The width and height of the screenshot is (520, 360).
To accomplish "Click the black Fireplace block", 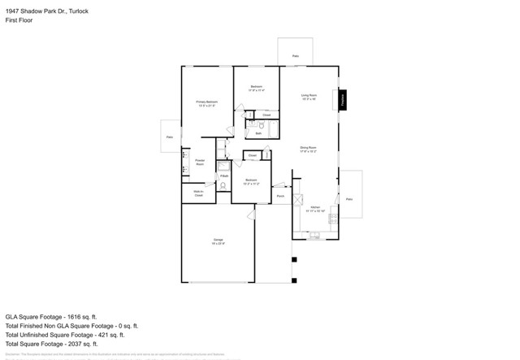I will pyautogui.click(x=344, y=99).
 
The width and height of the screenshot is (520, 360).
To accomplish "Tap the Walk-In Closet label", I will pyautogui.click(x=198, y=193).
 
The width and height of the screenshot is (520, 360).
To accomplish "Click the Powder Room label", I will pyautogui.click(x=200, y=163).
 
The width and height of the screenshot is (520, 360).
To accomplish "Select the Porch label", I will pyautogui.click(x=280, y=196).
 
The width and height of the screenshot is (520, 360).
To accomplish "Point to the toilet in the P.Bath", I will pyautogui.click(x=223, y=185).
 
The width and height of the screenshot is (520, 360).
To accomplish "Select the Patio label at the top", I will pyautogui.click(x=295, y=56).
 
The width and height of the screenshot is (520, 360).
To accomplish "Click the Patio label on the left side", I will pyautogui.click(x=170, y=137).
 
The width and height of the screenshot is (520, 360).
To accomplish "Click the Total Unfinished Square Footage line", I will pyautogui.click(x=65, y=334).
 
